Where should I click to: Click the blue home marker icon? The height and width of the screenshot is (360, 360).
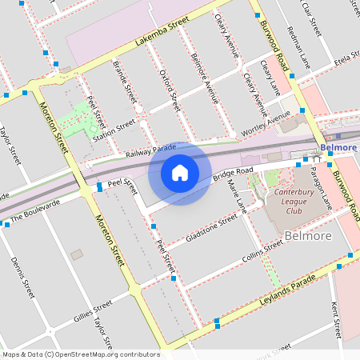[x=180, y=173]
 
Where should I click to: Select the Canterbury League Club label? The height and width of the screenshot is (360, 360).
[x=297, y=197]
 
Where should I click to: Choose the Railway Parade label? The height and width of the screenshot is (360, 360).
[x=150, y=149]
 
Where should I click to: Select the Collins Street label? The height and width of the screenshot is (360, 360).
[x=262, y=251]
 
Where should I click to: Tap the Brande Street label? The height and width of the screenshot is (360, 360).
[x=126, y=79]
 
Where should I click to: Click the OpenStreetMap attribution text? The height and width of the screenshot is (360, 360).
[x=81, y=354]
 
